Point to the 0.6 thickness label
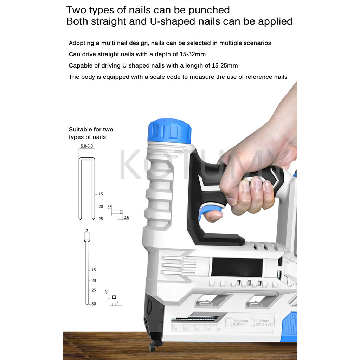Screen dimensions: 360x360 pyautogui.click(x=126, y=217)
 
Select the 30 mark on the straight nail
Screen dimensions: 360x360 pyautogui.click(x=94, y=304)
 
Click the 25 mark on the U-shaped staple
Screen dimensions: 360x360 pyautogui.click(x=101, y=219)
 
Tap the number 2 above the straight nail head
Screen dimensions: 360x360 pyautogui.click(x=86, y=231)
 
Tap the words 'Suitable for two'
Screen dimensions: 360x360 pyautogui.click(x=91, y=129)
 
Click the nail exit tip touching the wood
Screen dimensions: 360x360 pyautogui.click(x=153, y=346)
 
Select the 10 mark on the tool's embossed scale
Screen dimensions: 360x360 pyautogui.click(x=175, y=329)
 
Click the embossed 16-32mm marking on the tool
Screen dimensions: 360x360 pyautogui.click(x=261, y=321)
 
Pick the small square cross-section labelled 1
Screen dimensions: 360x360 pyautogui.click(x=114, y=297)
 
